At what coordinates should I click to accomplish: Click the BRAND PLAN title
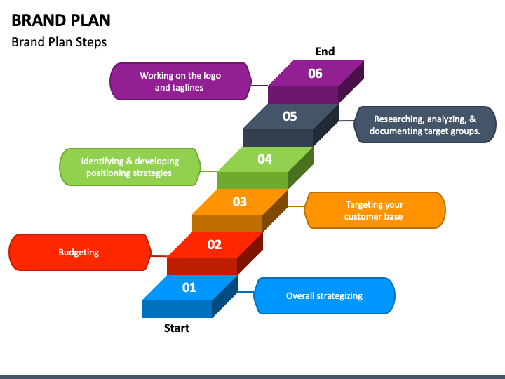pyautogui.click(x=61, y=20)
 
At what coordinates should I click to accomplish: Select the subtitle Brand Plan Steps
pyautogui.click(x=59, y=42)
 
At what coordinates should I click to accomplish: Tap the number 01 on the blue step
pyautogui.click(x=189, y=287)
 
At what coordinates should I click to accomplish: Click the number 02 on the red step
pyautogui.click(x=215, y=244)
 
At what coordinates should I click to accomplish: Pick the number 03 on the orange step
pyautogui.click(x=240, y=202)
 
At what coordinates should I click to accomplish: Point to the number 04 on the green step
pyautogui.click(x=264, y=159)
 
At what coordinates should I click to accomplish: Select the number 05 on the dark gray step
pyautogui.click(x=290, y=117)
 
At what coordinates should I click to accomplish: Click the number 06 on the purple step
pyautogui.click(x=315, y=73)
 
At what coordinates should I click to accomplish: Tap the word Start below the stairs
pyautogui.click(x=177, y=328)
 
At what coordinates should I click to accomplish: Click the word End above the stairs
pyautogui.click(x=325, y=51)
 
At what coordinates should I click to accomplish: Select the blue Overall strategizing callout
pyautogui.click(x=324, y=295)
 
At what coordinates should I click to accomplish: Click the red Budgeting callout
pyautogui.click(x=79, y=252)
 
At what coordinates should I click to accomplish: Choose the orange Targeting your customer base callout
pyautogui.click(x=375, y=211)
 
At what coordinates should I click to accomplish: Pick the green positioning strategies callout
pyautogui.click(x=129, y=167)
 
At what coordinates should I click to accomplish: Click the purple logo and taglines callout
pyautogui.click(x=180, y=81)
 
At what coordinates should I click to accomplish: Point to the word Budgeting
pyautogui.click(x=79, y=252)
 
